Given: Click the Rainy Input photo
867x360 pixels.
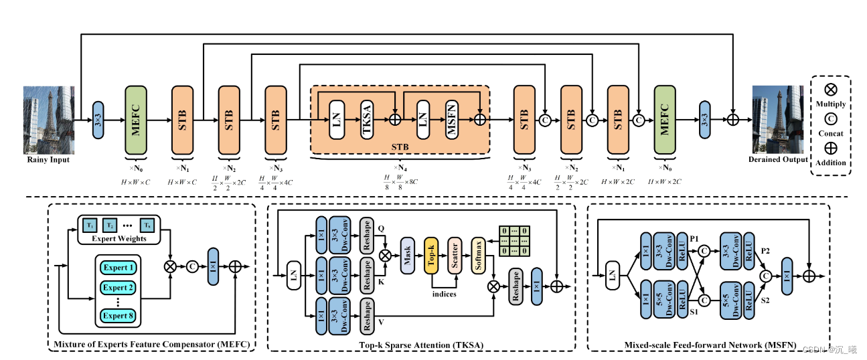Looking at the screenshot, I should coord(48,120).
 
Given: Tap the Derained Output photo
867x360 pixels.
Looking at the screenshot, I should coord(777,120).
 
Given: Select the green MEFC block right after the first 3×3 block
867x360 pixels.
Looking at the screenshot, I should coord(136,120).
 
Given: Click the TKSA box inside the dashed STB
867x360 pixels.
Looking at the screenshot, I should coord(367,120).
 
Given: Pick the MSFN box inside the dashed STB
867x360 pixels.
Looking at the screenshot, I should coord(453,120).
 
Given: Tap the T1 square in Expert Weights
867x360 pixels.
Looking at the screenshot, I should coord(90,225).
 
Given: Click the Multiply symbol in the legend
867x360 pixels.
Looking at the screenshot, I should coord(831,90).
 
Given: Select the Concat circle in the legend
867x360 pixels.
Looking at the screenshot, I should coord(831,119).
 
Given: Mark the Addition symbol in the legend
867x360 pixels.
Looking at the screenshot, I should coord(831,149).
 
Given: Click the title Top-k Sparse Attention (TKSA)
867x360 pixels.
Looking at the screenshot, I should coord(420,345).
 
